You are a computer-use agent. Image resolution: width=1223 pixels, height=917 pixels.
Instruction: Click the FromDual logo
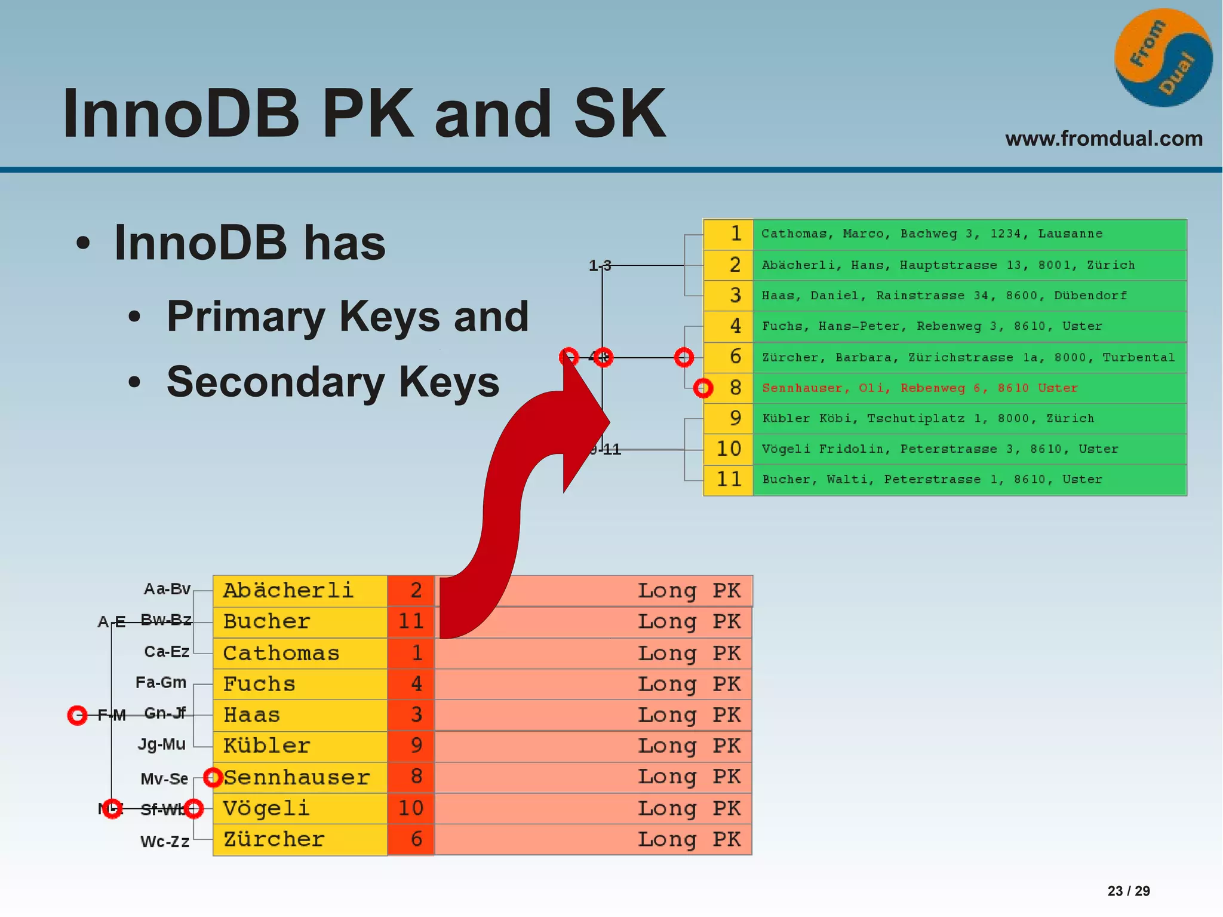[x=1163, y=58]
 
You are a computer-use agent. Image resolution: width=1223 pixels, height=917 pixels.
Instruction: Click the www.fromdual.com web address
[x=1104, y=139]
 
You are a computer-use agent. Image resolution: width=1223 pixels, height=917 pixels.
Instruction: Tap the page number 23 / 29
[x=1128, y=891]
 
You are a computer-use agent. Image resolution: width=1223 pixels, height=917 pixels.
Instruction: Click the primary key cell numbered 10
[x=729, y=449]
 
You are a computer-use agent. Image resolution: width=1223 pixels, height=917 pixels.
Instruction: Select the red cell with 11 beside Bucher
[x=411, y=622]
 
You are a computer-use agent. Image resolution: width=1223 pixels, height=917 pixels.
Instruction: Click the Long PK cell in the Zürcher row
[x=593, y=839]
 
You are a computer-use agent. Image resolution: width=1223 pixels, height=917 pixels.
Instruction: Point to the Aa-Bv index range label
[x=167, y=589]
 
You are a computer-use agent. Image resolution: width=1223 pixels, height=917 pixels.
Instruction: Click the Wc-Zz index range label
[x=165, y=842]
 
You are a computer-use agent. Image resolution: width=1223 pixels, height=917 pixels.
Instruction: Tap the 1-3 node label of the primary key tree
[x=600, y=265]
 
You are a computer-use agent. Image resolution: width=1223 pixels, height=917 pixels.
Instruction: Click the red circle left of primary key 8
[x=703, y=388]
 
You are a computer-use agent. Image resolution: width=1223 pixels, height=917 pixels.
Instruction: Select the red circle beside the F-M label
[x=77, y=715]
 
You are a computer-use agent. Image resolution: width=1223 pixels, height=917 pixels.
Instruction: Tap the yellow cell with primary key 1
[x=729, y=234]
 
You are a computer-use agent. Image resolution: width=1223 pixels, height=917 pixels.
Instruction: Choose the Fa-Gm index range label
[x=161, y=682]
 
